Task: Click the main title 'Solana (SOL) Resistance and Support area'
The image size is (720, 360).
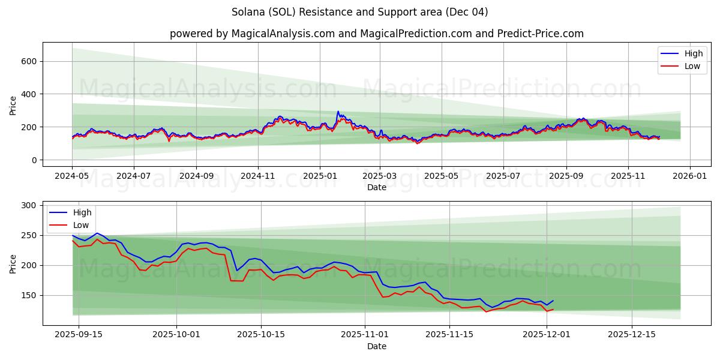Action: click(359, 12)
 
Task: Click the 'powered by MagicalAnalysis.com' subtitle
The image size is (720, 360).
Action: click(376, 34)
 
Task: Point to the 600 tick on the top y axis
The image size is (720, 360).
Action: click(30, 61)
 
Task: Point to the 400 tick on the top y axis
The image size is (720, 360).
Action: click(30, 94)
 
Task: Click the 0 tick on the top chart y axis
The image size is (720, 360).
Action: click(35, 160)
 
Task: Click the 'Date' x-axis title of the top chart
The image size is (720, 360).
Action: click(376, 188)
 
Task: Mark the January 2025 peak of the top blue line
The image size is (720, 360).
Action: click(338, 112)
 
